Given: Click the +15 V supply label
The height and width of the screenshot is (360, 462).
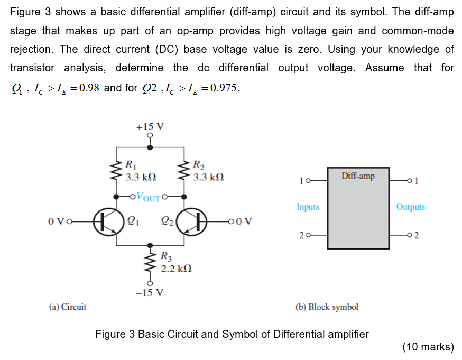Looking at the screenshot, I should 150,127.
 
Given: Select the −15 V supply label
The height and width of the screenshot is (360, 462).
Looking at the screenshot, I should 150,292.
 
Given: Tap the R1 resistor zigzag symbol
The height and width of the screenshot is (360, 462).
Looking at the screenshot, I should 116,171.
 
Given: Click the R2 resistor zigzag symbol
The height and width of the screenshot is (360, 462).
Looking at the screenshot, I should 185,171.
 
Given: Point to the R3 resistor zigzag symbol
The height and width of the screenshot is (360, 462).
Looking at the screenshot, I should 151,263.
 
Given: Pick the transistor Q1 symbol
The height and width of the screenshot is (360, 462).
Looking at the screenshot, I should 107,221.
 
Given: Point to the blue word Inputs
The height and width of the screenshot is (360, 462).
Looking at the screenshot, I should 308,207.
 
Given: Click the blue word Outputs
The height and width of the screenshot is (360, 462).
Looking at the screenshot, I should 410,207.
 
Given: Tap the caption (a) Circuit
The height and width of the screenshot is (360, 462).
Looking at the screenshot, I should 67,307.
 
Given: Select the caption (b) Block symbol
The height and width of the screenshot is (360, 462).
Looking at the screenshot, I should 326,307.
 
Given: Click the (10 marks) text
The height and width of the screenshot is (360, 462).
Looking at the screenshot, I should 428,347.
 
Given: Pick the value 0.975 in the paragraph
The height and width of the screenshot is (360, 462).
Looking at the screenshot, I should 224,87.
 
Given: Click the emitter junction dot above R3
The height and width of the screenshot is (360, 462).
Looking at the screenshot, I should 151,245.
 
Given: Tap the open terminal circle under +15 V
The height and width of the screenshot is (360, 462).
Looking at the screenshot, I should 151,135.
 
